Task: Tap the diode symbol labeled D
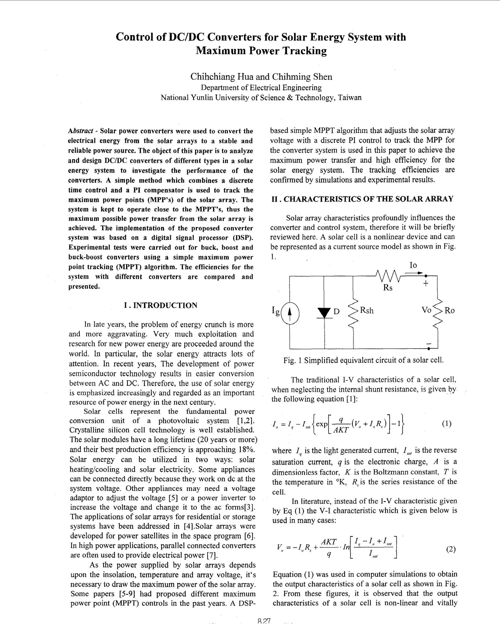(324, 313)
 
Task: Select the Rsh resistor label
(367, 310)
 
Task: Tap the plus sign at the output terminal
(426, 284)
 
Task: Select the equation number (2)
(450, 549)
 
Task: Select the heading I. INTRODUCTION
(161, 305)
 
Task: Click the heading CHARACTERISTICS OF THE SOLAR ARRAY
(368, 199)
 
